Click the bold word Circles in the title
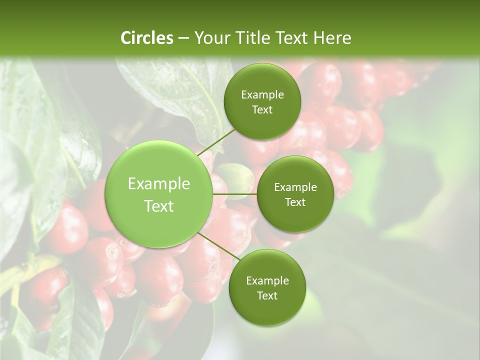[146, 38]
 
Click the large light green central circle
[159, 195]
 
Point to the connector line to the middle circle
[234, 194]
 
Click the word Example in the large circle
[159, 184]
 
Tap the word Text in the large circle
[159, 206]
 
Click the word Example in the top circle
[262, 95]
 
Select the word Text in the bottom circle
[267, 295]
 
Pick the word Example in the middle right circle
[295, 187]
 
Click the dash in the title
[183, 38]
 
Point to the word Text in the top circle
[262, 109]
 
